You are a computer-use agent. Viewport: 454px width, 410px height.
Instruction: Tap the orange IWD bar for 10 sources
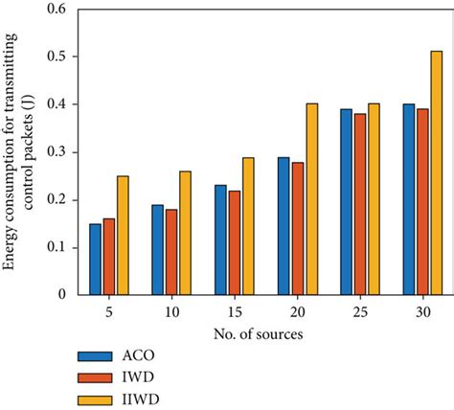coord(170,251)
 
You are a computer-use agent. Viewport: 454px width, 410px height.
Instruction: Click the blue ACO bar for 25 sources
coord(346,201)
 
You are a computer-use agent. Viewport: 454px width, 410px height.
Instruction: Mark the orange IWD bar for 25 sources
coord(360,203)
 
